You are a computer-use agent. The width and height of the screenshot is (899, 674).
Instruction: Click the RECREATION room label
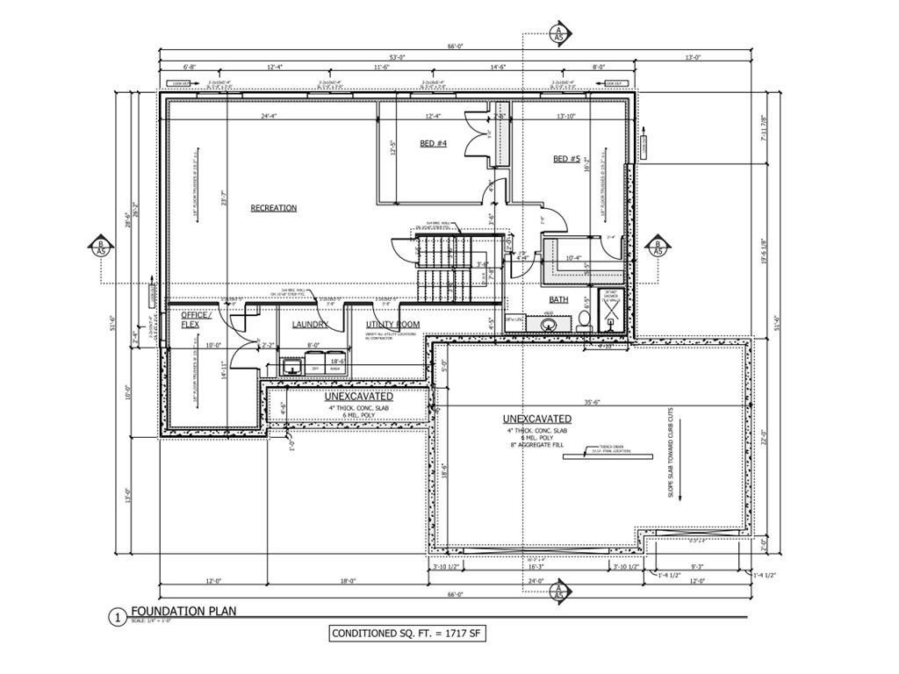(273, 208)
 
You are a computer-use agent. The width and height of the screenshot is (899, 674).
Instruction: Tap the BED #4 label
(433, 143)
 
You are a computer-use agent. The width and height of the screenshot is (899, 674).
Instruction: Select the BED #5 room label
(566, 159)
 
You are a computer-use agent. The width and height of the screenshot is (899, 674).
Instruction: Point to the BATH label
(559, 299)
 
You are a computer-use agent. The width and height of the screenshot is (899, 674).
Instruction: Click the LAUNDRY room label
(311, 325)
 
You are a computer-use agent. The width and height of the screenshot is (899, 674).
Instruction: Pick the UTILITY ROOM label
(392, 325)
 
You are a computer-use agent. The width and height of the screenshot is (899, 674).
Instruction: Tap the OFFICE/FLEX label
(196, 319)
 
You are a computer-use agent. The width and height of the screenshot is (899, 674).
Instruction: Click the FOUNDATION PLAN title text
(183, 611)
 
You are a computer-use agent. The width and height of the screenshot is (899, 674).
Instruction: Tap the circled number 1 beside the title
(117, 617)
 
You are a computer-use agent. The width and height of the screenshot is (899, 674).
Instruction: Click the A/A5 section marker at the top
(557, 34)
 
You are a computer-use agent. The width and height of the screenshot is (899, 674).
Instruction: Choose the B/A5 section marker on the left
(101, 247)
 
